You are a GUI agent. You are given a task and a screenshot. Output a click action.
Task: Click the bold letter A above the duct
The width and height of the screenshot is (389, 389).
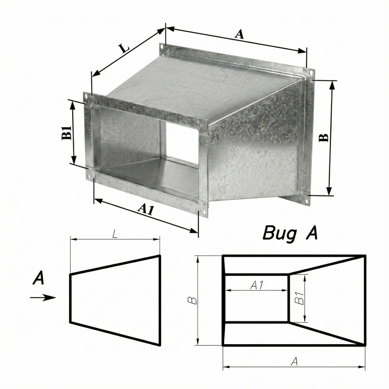(239, 34)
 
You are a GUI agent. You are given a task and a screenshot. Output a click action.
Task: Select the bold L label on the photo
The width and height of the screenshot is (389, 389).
(124, 49)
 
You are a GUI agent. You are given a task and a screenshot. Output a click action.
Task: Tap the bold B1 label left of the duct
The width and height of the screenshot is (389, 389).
(66, 133)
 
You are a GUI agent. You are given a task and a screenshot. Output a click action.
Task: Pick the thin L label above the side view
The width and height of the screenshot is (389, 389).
(115, 234)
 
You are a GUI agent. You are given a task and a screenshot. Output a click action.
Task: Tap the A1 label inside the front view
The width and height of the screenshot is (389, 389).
(256, 285)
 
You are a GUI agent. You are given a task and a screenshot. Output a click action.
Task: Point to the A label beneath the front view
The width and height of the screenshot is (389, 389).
(294, 362)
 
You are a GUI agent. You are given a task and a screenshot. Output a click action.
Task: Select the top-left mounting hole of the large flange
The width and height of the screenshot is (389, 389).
(162, 47)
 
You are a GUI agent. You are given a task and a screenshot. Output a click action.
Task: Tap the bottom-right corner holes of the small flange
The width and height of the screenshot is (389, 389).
(204, 212)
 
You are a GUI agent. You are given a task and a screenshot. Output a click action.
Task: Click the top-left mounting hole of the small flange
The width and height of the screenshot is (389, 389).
(86, 95)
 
